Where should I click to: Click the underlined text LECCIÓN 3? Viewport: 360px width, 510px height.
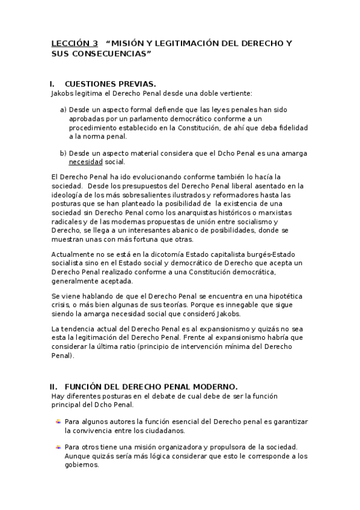pos(75,44)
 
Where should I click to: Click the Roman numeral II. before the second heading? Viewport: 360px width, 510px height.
pos(53,386)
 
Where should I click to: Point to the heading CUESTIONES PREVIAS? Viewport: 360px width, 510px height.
pos(110,84)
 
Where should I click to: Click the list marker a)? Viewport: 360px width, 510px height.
pos(63,110)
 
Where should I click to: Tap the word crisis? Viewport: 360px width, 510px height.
pos(61,306)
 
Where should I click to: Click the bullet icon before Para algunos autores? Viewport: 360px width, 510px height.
pos(58,422)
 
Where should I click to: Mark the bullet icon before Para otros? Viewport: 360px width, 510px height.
pos(58,447)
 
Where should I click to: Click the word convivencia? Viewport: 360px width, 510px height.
pos(88,431)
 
